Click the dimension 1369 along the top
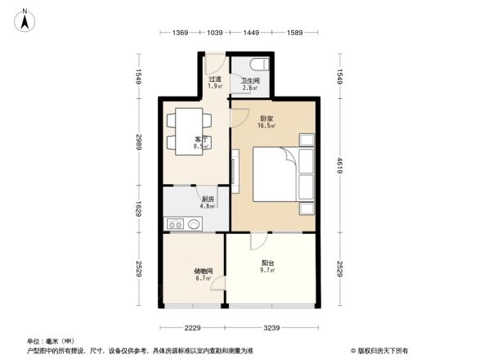(x=181, y=32)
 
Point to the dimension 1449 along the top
(x=250, y=32)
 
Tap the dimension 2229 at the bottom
(x=192, y=328)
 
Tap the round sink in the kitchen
(x=194, y=223)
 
